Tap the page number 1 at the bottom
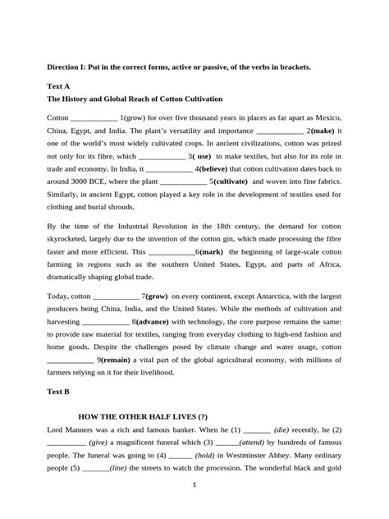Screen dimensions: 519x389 tap(194, 506)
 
